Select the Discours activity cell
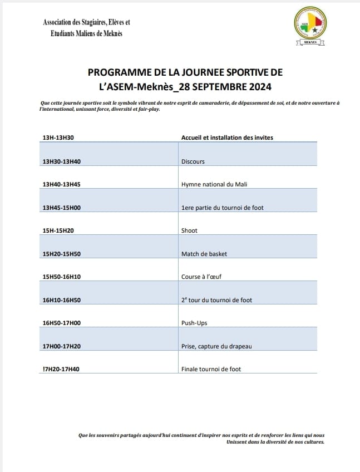tap(193, 161)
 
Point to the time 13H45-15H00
tap(62, 208)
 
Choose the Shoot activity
tap(189, 230)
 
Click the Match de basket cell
tap(204, 254)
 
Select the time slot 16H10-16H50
tap(62, 300)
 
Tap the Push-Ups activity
tap(194, 323)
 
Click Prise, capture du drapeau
tap(216, 346)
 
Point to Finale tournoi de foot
tap(211, 369)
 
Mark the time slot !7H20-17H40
tap(61, 369)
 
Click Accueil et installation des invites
tap(227, 137)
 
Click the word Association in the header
tap(61, 22)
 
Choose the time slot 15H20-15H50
tap(62, 254)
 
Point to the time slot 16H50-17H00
tap(62, 323)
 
